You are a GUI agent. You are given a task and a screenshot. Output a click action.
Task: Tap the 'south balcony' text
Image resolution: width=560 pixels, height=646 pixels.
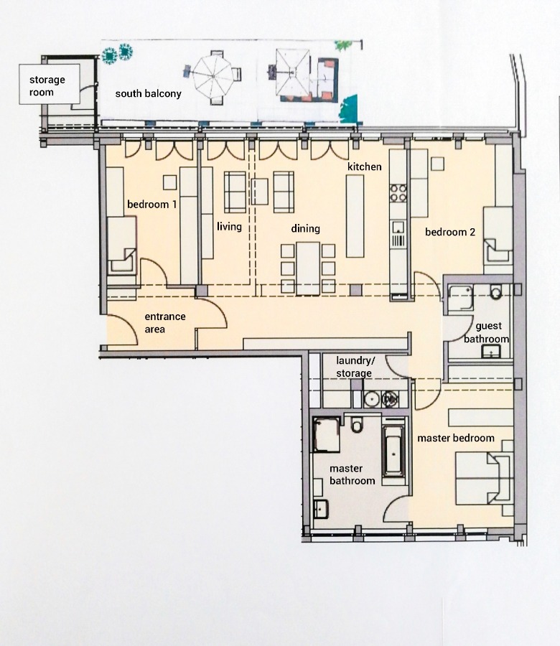click(149, 94)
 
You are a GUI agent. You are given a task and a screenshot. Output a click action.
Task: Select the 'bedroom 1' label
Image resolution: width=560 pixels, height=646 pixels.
click(151, 205)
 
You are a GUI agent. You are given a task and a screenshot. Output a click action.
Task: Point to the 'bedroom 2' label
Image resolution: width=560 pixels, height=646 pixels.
click(450, 232)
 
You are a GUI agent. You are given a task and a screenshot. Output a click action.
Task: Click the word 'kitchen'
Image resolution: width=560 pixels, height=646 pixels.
click(365, 167)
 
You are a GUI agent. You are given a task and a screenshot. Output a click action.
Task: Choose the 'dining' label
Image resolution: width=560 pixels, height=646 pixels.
click(305, 229)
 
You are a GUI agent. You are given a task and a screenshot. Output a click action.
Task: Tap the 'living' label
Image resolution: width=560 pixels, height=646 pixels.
click(229, 227)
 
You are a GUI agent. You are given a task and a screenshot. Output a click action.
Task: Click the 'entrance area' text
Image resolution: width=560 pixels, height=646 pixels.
click(165, 322)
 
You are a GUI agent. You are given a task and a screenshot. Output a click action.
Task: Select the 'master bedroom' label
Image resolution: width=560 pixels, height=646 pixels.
click(456, 438)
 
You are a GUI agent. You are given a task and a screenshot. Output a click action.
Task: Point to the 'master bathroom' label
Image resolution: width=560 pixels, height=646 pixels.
click(352, 474)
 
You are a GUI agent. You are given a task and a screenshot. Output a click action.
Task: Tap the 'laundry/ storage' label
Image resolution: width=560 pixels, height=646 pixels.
click(354, 367)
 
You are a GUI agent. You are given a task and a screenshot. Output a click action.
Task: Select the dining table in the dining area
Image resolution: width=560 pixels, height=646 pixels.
click(308, 267)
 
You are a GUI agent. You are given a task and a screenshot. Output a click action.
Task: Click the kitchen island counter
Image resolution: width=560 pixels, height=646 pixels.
click(355, 216)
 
